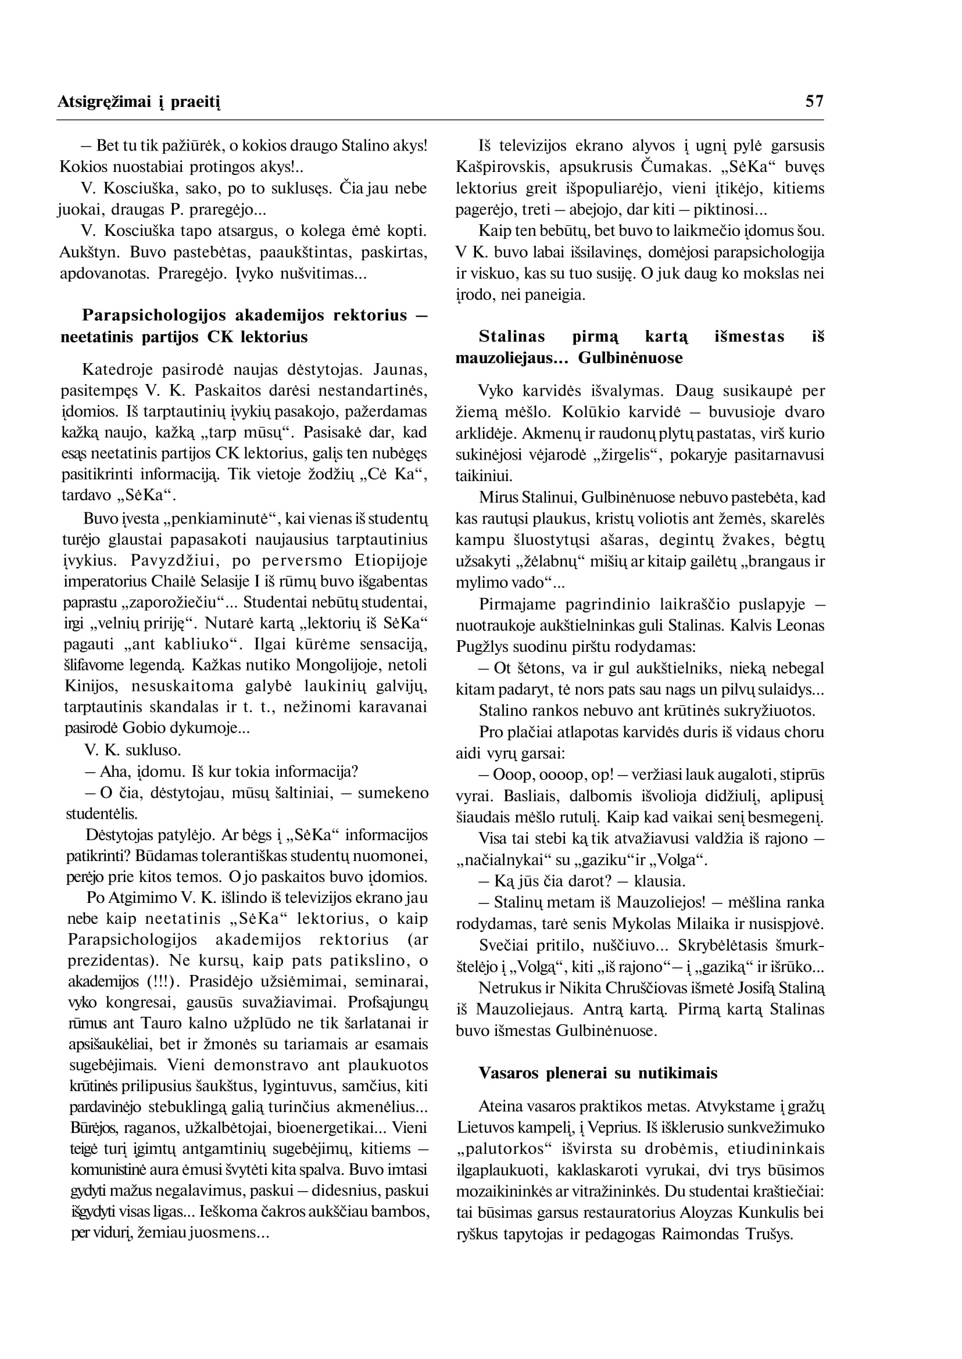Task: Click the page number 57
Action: (814, 101)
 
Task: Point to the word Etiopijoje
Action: (391, 560)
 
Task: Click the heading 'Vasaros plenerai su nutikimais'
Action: (598, 1074)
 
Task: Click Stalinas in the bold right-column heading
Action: (512, 336)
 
